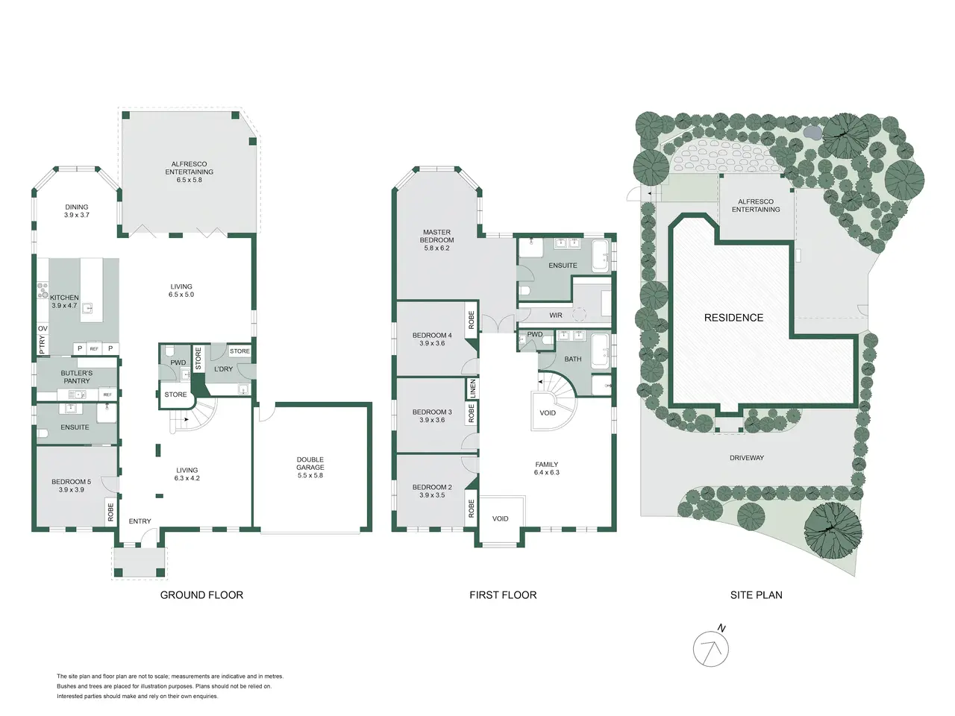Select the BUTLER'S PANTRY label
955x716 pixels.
pyautogui.click(x=77, y=377)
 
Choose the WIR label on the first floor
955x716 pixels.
pyautogui.click(x=556, y=315)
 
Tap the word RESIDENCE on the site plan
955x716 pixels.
pyautogui.click(x=733, y=318)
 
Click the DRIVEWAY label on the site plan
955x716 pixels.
pyautogui.click(x=747, y=458)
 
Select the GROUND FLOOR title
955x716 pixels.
pyautogui.click(x=201, y=595)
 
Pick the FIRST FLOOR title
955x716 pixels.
pyautogui.click(x=503, y=595)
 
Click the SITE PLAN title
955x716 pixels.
pyautogui.click(x=757, y=595)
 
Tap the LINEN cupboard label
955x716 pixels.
pyautogui.click(x=473, y=389)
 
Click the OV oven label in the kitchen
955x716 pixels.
pyautogui.click(x=43, y=328)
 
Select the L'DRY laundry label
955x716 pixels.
pyautogui.click(x=223, y=369)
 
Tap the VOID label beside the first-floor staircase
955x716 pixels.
pyautogui.click(x=548, y=413)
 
